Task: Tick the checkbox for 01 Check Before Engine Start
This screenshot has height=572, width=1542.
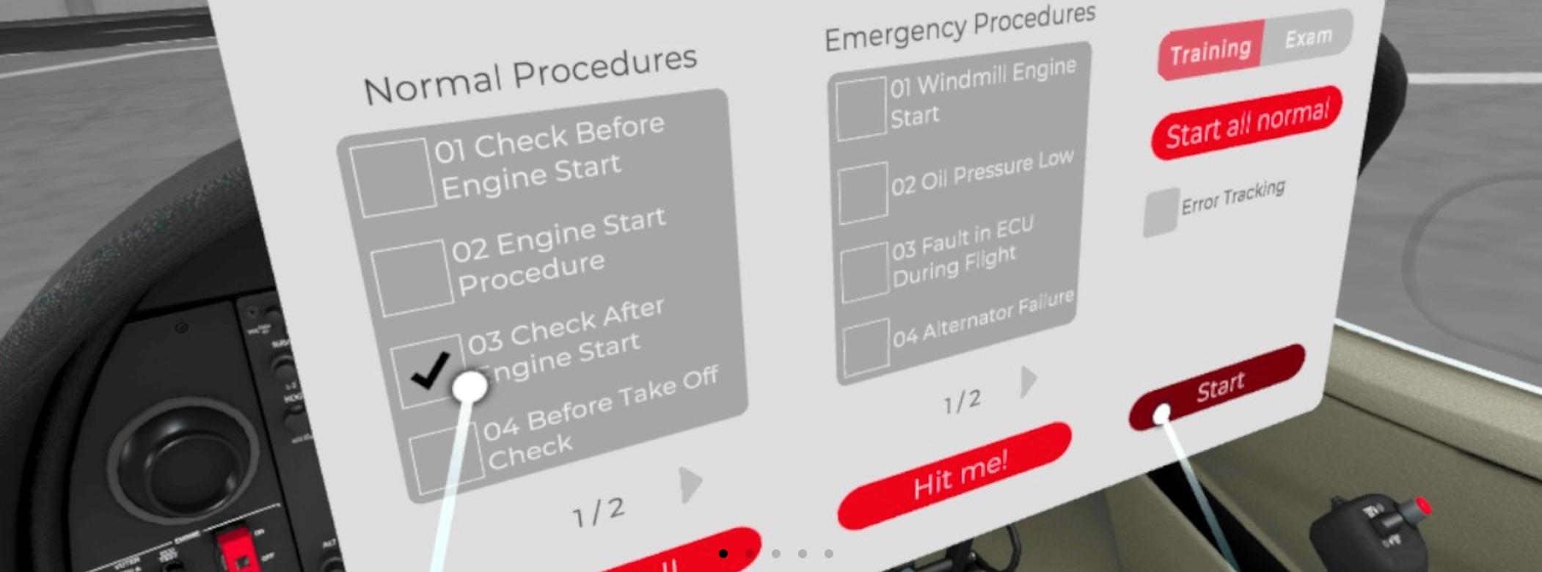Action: click(x=392, y=177)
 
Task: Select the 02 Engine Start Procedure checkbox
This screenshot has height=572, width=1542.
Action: click(x=411, y=277)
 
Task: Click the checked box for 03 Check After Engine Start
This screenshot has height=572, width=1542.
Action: click(x=428, y=370)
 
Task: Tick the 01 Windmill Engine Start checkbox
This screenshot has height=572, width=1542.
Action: click(x=860, y=109)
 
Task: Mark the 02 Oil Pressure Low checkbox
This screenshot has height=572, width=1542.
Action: click(x=863, y=192)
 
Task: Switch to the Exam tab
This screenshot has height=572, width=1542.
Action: click(x=1308, y=37)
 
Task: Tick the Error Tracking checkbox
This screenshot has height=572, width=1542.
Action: click(x=1161, y=213)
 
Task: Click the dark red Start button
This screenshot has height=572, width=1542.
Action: click(x=1220, y=386)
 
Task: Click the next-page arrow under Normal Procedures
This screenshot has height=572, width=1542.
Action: click(x=690, y=484)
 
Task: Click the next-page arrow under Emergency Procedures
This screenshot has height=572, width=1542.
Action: click(x=1028, y=381)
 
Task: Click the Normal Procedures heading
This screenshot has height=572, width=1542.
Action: click(x=530, y=75)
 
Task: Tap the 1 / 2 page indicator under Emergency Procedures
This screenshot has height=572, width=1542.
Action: click(x=962, y=401)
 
